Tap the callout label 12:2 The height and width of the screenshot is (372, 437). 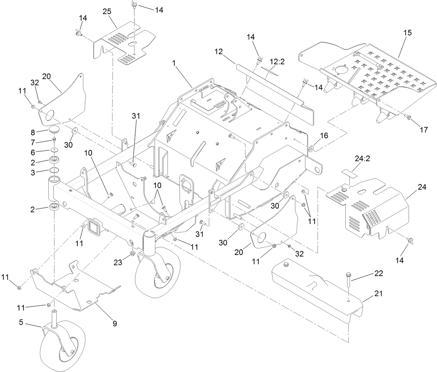(277, 62)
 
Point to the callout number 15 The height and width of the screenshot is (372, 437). (407, 33)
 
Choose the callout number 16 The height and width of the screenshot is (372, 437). (324, 136)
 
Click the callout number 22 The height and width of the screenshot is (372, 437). (378, 274)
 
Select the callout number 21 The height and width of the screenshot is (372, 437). (378, 294)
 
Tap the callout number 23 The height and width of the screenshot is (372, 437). (118, 263)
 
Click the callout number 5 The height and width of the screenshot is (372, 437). (21, 322)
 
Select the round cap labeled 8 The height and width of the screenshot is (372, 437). (54, 130)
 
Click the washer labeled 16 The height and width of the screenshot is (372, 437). (312, 149)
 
